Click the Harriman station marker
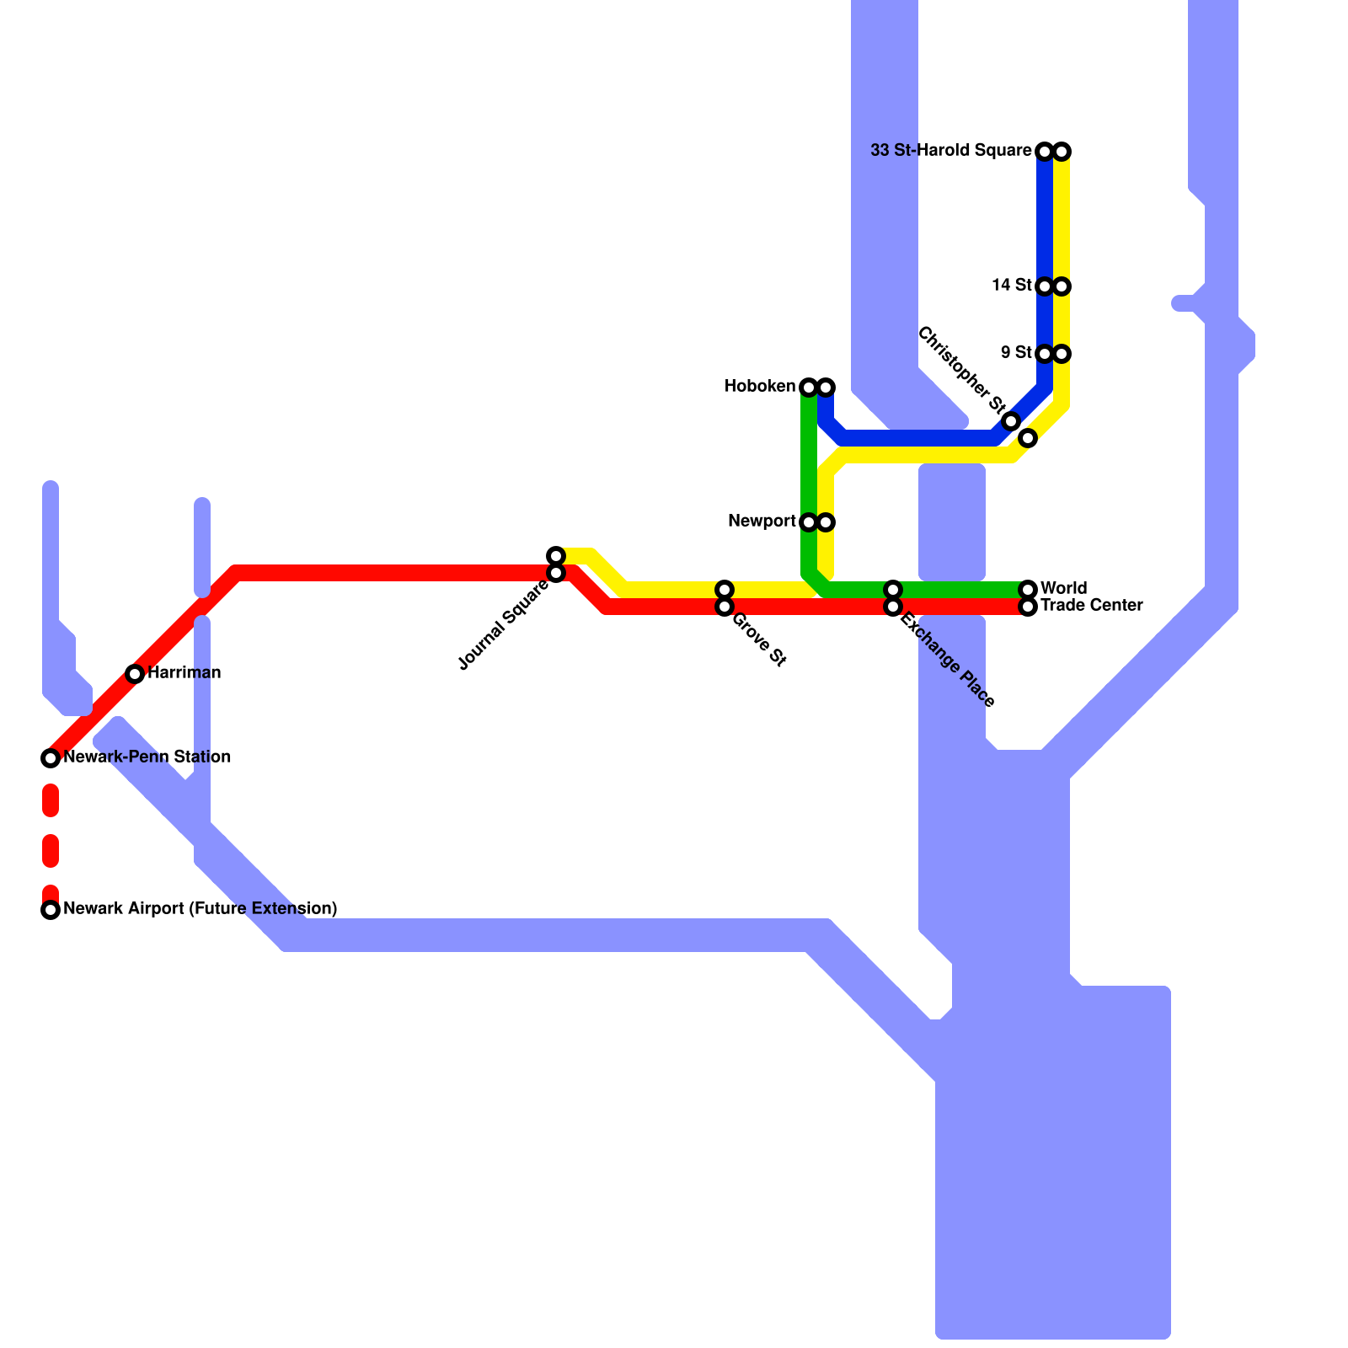click(x=135, y=673)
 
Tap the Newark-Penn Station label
click(x=147, y=757)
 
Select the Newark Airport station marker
click(x=51, y=910)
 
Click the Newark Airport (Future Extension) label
click(x=201, y=908)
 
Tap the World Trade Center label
click(x=1090, y=596)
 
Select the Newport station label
click(x=762, y=522)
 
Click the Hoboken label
click(x=760, y=387)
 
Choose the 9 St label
click(x=1016, y=352)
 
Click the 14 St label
click(x=1012, y=285)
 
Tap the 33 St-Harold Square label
click(x=950, y=151)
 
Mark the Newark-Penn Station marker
click(x=51, y=758)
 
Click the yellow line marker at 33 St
click(x=1062, y=152)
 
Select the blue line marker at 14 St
click(x=1045, y=286)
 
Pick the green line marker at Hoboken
click(x=809, y=388)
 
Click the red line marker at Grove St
click(x=725, y=607)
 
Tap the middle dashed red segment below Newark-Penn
click(x=51, y=851)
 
